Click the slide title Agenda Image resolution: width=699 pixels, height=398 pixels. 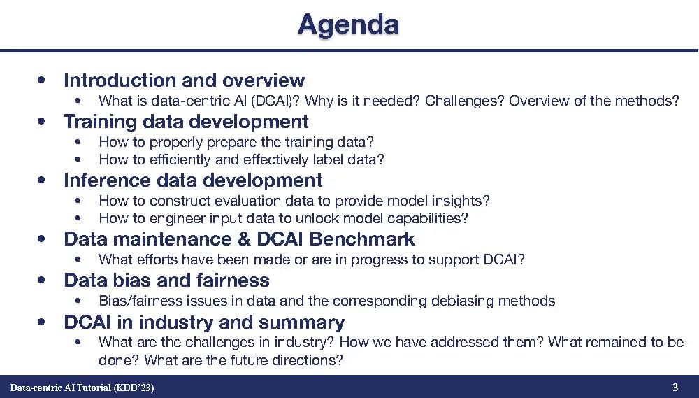click(348, 25)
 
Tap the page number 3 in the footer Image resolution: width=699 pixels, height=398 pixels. click(675, 387)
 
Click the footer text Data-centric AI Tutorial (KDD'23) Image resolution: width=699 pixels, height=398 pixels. click(82, 388)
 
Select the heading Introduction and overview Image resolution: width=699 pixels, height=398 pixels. click(184, 80)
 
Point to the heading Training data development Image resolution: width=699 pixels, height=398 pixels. click(186, 122)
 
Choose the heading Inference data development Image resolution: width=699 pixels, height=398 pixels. click(193, 180)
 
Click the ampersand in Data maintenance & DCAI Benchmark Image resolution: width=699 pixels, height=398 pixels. click(244, 239)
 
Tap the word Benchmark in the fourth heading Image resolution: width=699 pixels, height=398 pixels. click(361, 239)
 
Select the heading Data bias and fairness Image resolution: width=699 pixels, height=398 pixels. click(167, 280)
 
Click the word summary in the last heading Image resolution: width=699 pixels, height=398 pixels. click(301, 322)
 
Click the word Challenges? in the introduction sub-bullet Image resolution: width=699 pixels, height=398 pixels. click(465, 101)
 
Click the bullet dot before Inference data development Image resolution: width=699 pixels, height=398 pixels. click(42, 180)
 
